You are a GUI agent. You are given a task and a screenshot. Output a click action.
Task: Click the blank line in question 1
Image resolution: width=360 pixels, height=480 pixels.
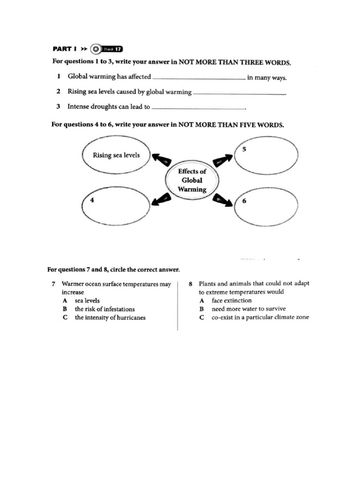(x=199, y=79)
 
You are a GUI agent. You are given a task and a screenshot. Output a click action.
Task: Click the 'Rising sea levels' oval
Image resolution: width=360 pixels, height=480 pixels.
(x=116, y=155)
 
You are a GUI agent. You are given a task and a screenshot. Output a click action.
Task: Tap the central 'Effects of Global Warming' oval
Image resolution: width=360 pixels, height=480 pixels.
(x=192, y=180)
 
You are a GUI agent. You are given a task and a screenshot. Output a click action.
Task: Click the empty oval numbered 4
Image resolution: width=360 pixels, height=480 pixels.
(x=116, y=206)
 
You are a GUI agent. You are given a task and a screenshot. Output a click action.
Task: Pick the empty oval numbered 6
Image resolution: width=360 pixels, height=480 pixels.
(x=266, y=207)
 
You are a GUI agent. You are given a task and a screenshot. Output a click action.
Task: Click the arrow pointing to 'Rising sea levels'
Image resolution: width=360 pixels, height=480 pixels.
(x=160, y=160)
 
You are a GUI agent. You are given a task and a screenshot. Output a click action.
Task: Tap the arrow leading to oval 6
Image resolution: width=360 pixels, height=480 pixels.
(x=223, y=200)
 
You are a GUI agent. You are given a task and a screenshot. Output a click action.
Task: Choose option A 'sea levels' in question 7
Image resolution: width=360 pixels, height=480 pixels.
(x=87, y=300)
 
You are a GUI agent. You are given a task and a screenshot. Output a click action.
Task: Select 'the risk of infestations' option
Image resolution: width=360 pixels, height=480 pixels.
(x=104, y=309)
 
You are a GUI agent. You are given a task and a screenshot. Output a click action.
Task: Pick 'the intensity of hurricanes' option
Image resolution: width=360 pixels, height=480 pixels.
(x=110, y=317)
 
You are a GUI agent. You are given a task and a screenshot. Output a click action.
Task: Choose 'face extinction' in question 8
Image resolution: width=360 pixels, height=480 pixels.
(x=231, y=300)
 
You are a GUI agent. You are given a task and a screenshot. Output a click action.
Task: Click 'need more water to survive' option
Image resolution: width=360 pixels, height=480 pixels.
(x=248, y=309)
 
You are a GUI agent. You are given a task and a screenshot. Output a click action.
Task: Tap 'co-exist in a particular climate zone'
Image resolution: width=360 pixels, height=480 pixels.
(x=260, y=317)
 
